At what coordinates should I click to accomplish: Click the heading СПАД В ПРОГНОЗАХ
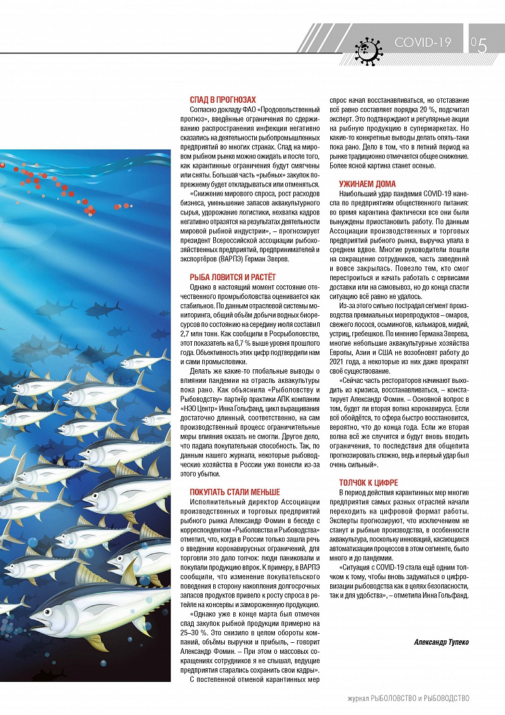pos(223,99)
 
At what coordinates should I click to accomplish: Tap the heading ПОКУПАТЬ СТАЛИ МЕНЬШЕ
pos(235,492)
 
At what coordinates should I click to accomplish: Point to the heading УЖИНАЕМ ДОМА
pos(367,184)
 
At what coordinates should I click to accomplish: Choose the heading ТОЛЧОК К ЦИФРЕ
pos(369,483)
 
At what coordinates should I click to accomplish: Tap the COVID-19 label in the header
pos(422,42)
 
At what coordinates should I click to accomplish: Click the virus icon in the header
pos(369,48)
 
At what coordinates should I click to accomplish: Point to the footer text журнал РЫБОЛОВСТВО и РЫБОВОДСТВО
pos(408,698)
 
